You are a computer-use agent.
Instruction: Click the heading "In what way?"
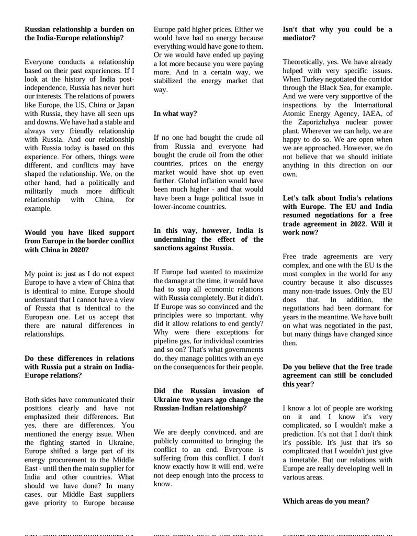click(175, 114)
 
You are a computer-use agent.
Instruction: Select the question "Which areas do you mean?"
click(325, 501)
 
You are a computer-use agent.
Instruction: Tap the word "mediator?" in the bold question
click(299, 38)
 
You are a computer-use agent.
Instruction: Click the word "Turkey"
click(313, 79)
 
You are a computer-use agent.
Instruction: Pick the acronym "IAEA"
click(375, 114)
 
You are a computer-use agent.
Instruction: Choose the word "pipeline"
click(167, 341)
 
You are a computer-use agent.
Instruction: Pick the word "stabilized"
click(171, 81)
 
